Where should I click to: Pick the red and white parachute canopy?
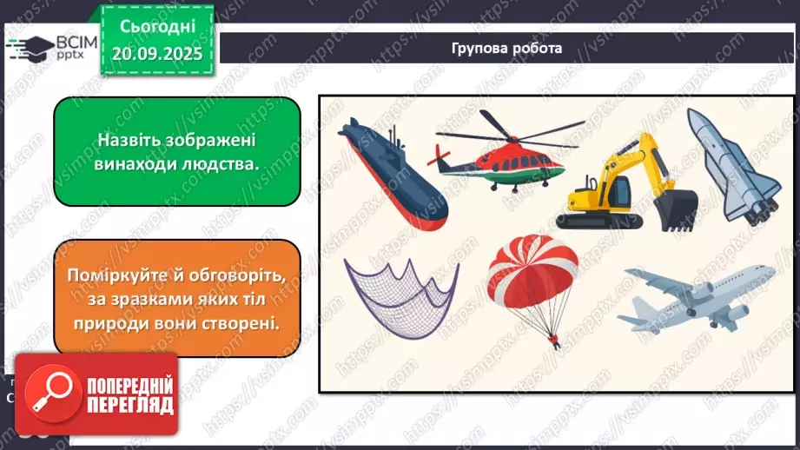pyautogui.click(x=532, y=269)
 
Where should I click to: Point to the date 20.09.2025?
pyautogui.click(x=156, y=53)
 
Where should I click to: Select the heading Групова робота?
pyautogui.click(x=507, y=49)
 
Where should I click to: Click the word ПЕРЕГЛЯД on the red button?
pyautogui.click(x=129, y=405)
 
